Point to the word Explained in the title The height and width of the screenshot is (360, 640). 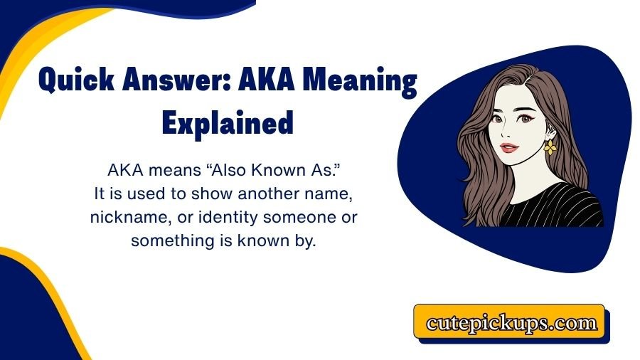[228, 123]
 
